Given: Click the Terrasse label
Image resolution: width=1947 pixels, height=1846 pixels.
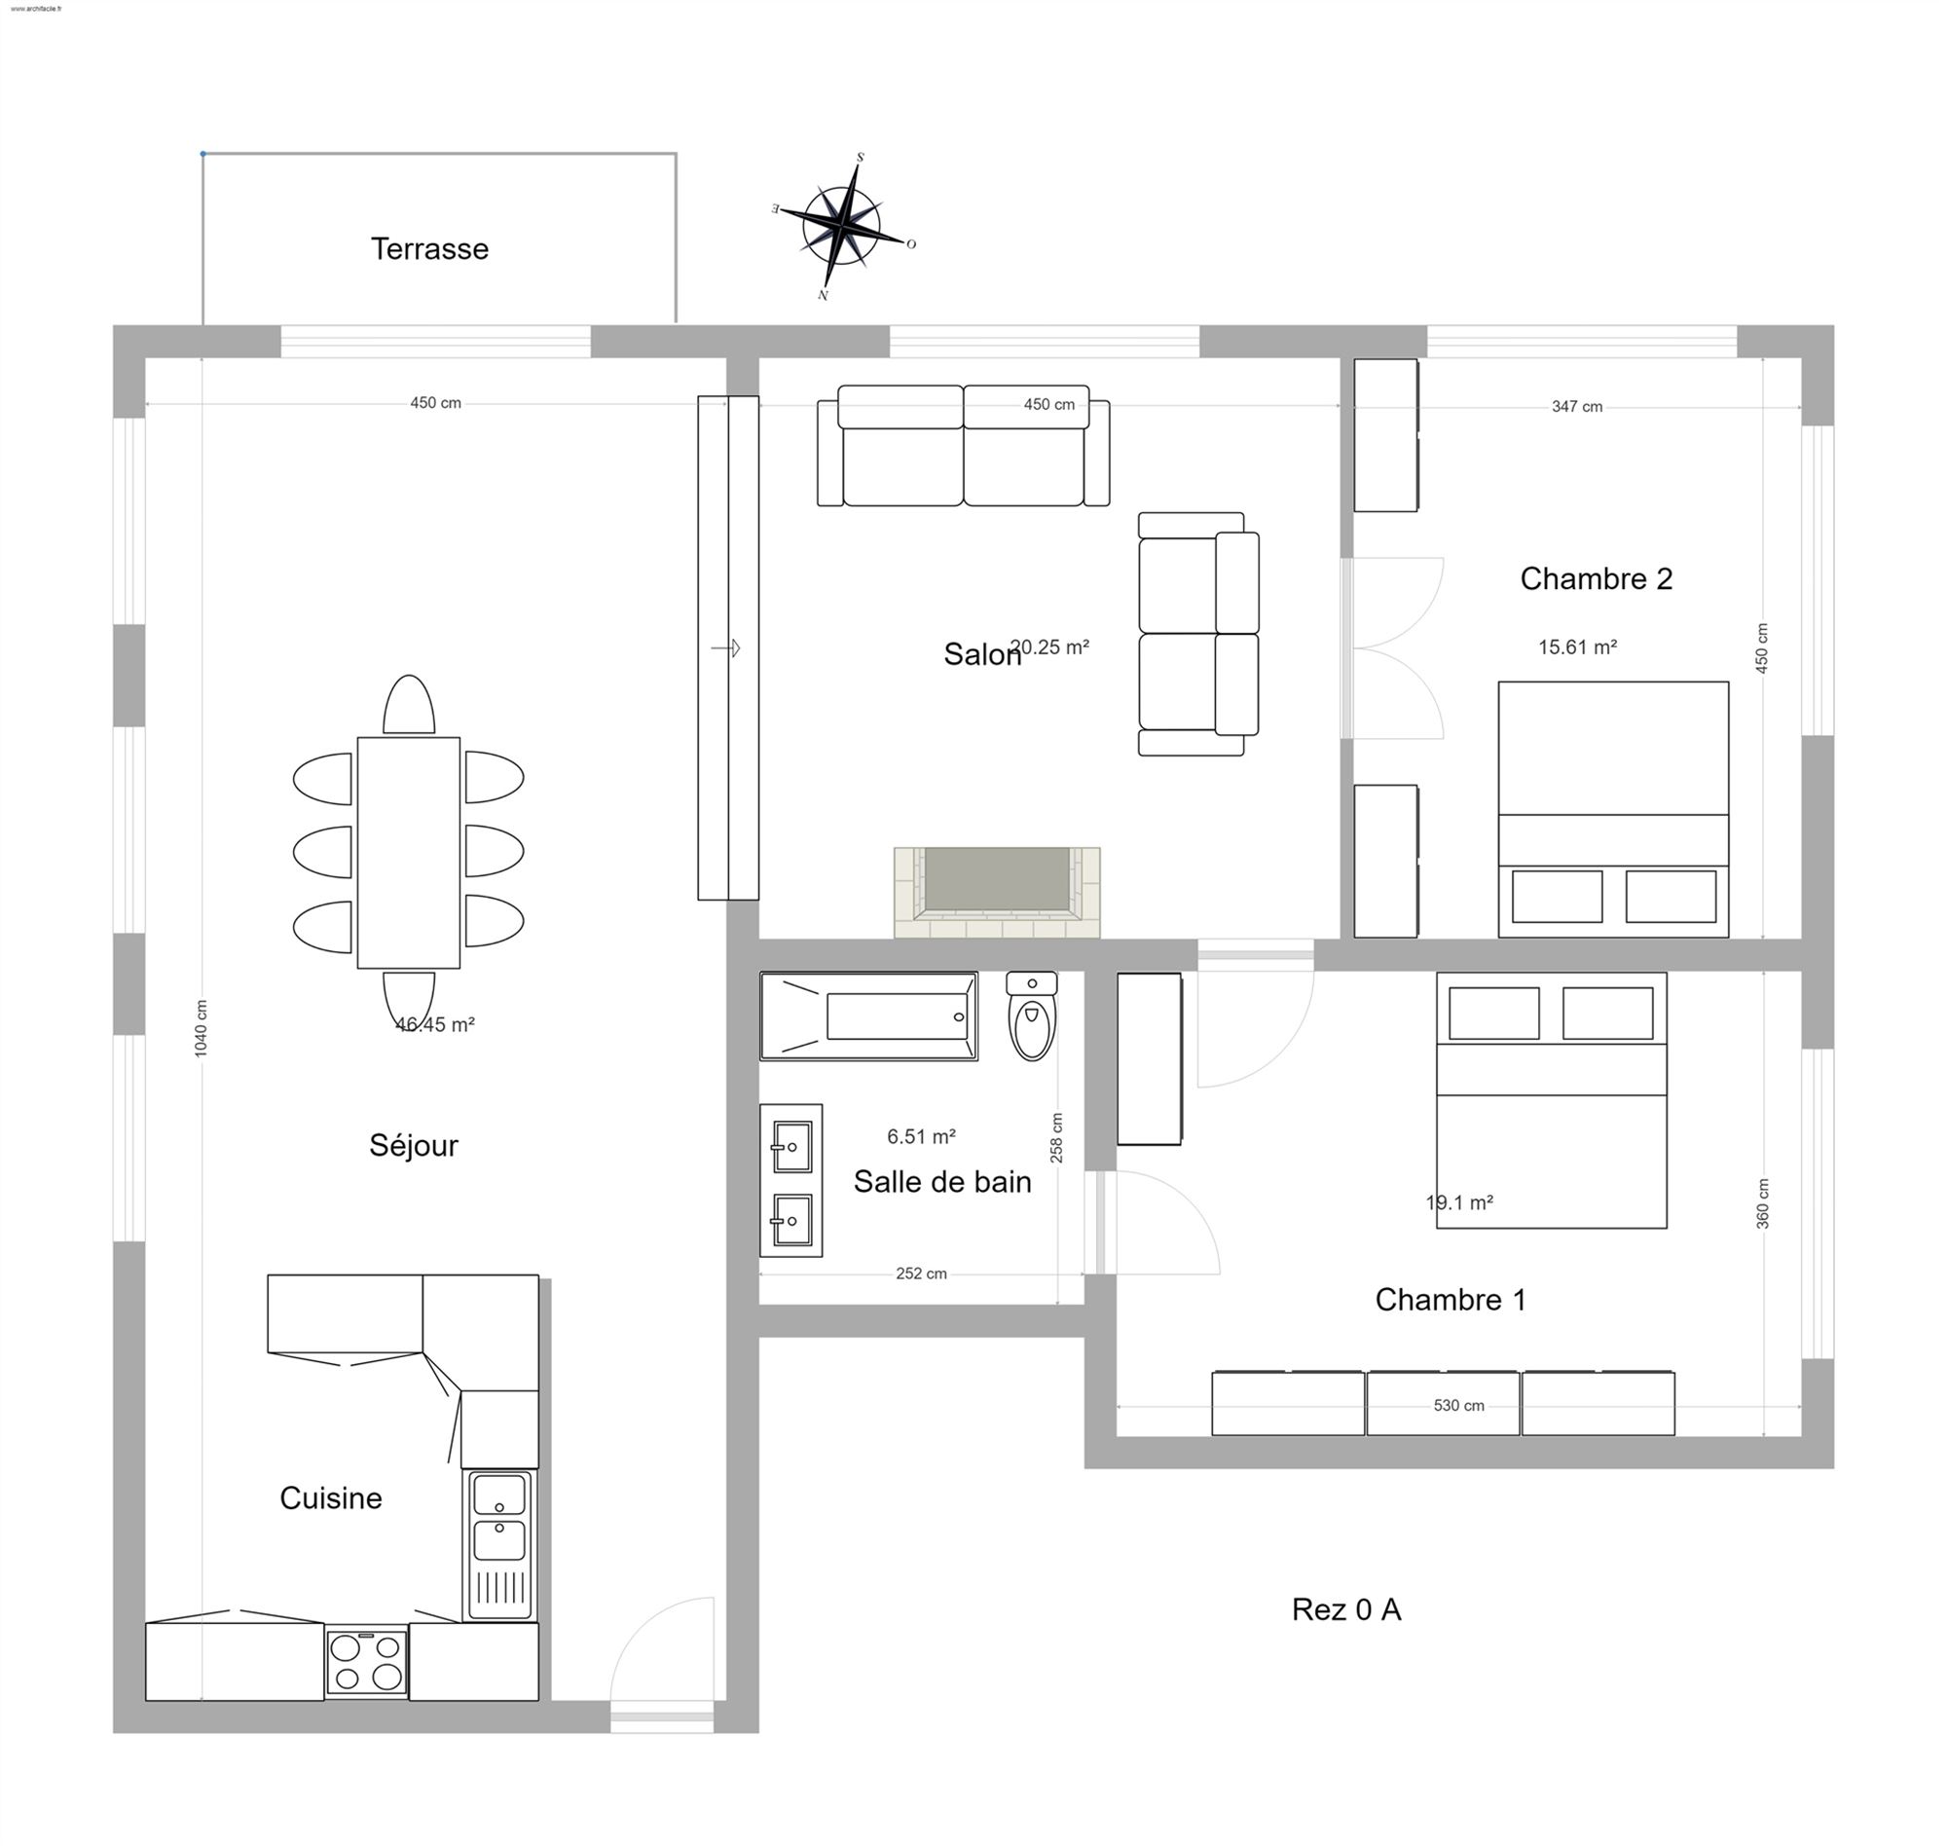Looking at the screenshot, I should pos(429,249).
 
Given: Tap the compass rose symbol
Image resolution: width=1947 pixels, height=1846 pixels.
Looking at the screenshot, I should pos(843,226).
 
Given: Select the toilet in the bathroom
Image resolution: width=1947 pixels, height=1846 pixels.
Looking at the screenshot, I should pos(1031,1015).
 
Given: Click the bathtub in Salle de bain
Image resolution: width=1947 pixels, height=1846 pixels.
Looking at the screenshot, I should pos(868,1016).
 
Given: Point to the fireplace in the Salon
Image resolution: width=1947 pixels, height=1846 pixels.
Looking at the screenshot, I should pos(997,892).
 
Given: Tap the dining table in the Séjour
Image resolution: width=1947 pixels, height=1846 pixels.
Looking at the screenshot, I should pos(408,852).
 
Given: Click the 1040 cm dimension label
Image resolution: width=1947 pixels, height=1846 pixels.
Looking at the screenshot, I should pos(201,1028).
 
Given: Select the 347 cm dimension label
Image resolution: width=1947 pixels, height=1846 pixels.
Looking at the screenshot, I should pos(1576,406).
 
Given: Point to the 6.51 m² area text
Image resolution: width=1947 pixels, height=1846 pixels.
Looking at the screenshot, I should pos(921,1136).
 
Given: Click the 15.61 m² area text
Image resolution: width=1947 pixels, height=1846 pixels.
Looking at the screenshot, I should pos(1577,647).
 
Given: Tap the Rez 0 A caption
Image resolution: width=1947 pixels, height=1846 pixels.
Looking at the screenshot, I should pos(1346,1608).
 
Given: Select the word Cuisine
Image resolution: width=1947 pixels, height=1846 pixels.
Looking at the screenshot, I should pos(331,1497).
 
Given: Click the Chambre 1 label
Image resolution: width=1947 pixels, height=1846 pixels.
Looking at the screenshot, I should pos(1451,1300).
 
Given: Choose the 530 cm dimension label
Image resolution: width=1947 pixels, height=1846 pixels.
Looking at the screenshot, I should pos(1458,1405).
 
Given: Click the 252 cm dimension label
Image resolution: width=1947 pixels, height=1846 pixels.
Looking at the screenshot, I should pos(921,1274).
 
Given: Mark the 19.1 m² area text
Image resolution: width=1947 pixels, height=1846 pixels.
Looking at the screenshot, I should pos(1459,1202).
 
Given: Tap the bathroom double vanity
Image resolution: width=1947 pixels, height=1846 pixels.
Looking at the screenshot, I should pos(791,1180).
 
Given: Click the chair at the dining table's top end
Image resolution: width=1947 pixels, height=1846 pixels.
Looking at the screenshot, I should pos(408,706).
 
